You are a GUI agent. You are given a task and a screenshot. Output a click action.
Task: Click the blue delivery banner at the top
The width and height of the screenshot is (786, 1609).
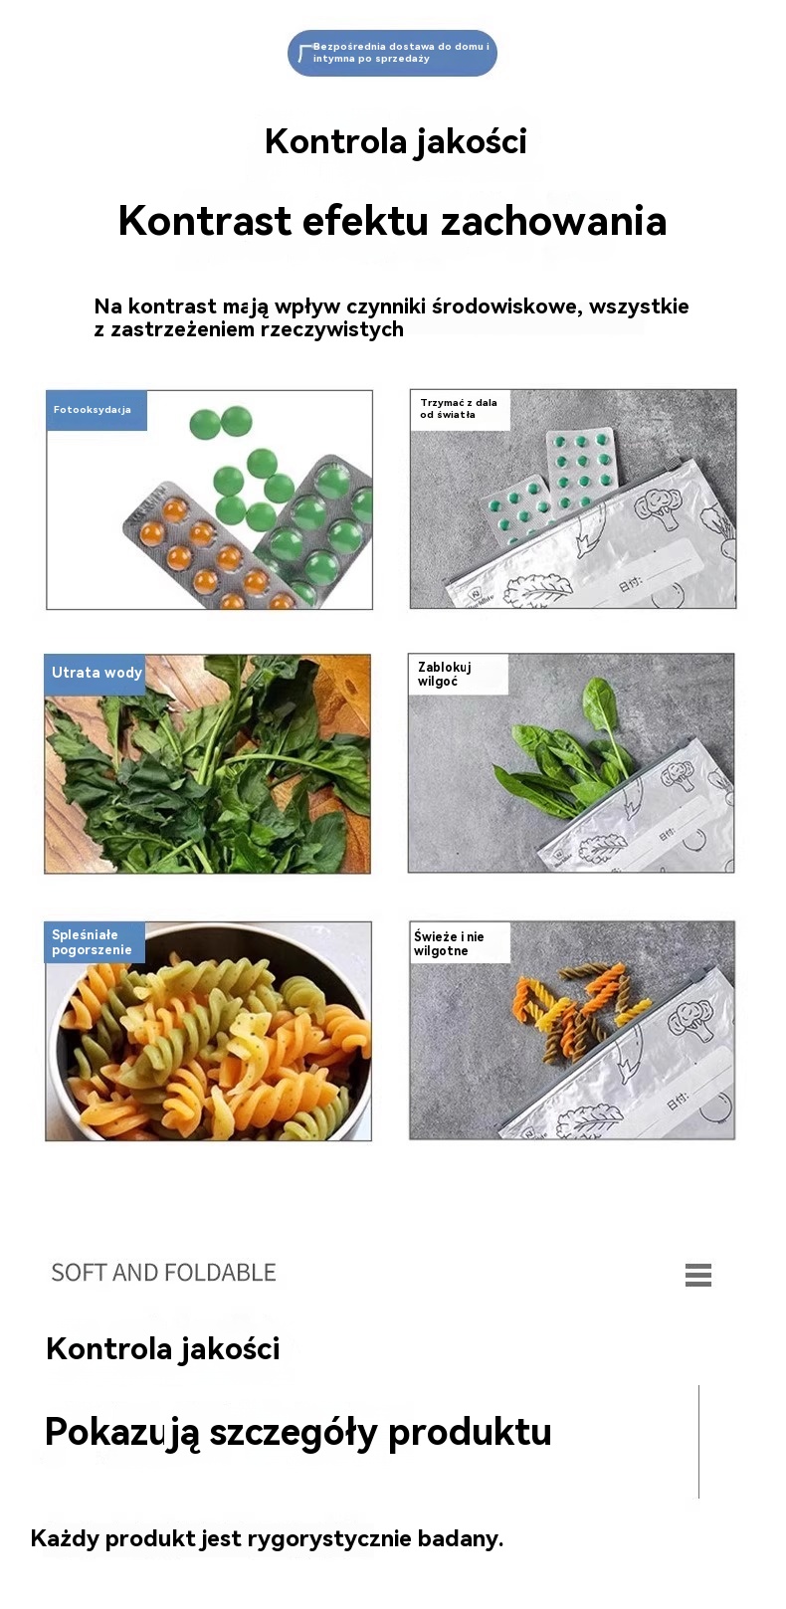coord(392,53)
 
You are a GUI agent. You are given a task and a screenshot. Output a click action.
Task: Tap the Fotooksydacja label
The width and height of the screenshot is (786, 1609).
coord(97,410)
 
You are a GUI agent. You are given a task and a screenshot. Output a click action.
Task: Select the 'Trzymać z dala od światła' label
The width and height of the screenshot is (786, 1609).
coord(460,409)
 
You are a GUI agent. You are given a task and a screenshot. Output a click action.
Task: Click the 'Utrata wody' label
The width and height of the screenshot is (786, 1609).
coord(96,673)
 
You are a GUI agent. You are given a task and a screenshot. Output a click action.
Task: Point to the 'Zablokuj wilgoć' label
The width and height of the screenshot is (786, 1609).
coord(459,674)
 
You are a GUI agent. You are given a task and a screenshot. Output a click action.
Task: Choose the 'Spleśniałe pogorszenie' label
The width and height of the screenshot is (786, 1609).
coord(95,942)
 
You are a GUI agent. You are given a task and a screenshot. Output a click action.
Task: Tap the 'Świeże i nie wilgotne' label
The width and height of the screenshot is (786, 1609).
coord(460,942)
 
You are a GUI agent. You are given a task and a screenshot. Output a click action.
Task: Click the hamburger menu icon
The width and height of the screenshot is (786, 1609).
coord(698,1275)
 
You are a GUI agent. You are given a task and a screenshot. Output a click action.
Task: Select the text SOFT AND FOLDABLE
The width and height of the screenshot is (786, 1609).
coord(164,1273)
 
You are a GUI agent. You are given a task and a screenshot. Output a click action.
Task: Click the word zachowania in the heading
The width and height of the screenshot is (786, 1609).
coord(554,221)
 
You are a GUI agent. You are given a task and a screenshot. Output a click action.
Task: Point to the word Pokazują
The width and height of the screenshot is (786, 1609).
coord(120,1433)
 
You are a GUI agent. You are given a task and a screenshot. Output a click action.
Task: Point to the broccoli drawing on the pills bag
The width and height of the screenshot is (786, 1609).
coord(658,507)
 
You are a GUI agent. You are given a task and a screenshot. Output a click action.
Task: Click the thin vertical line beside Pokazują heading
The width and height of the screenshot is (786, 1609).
coord(699,1442)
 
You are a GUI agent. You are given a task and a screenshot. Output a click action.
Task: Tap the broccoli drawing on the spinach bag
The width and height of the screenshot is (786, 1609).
coord(678,777)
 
